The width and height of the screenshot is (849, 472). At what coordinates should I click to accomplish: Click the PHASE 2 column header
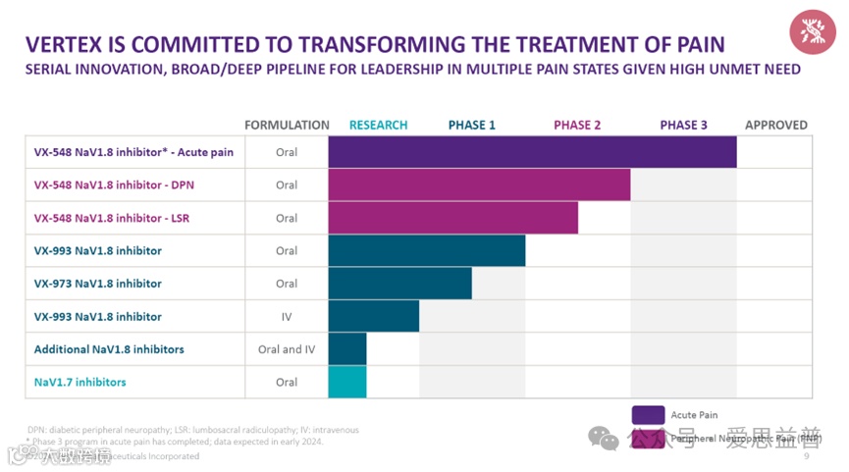tap(577, 126)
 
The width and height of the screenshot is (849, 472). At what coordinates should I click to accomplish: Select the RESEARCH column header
tap(378, 126)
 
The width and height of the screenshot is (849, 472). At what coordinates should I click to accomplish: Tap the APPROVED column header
tap(775, 126)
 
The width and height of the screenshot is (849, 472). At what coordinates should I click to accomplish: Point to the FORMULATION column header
tap(287, 126)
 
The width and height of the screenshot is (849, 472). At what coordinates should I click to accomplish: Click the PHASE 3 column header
tap(683, 126)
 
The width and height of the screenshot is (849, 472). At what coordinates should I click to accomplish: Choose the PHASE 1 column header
tap(472, 126)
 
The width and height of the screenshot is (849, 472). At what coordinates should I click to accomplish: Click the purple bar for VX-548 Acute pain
tap(532, 152)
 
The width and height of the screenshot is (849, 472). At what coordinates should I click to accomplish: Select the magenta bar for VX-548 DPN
tap(479, 185)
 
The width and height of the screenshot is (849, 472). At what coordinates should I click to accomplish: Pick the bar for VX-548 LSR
tap(452, 218)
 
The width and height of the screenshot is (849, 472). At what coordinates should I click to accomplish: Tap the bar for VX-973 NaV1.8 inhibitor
tap(399, 284)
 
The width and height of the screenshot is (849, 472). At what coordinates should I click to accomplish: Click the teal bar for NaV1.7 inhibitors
tap(347, 382)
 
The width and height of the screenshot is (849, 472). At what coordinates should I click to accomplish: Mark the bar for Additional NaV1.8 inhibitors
tap(347, 349)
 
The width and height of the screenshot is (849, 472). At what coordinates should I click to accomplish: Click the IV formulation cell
tap(287, 317)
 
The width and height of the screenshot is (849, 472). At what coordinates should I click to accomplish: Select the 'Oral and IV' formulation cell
tap(287, 349)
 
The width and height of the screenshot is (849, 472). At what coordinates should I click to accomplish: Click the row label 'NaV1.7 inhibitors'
tap(80, 382)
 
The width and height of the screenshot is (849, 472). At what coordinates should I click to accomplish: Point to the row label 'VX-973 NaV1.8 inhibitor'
tap(97, 284)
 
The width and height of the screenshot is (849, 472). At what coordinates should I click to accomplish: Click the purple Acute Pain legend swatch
tap(648, 414)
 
